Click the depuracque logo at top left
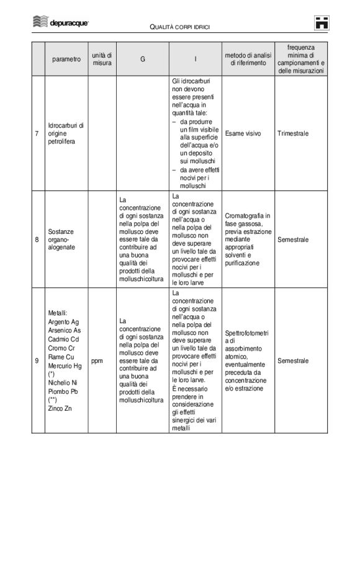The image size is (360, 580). pyautogui.click(x=60, y=22)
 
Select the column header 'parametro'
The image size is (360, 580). pyautogui.click(x=66, y=60)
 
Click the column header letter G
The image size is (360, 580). pyautogui.click(x=142, y=60)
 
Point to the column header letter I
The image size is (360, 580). pyautogui.click(x=195, y=60)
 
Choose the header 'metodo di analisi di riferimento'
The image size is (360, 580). pyautogui.click(x=248, y=60)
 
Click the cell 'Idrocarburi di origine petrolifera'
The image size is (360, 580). pyautogui.click(x=65, y=133)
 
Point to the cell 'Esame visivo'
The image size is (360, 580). pyautogui.click(x=243, y=133)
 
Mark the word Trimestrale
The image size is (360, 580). pyautogui.click(x=293, y=133)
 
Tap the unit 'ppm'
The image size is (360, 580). pyautogui.click(x=97, y=360)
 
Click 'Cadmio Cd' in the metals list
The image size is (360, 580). pyautogui.click(x=63, y=339)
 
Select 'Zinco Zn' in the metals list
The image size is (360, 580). pyautogui.click(x=60, y=408)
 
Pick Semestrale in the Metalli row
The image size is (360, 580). pyautogui.click(x=293, y=360)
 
